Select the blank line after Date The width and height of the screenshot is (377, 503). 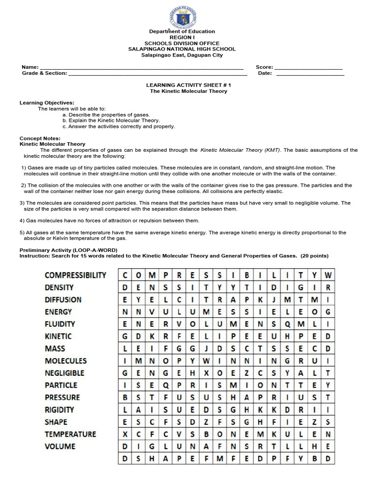[x=310, y=75]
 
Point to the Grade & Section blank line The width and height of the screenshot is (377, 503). [x=157, y=75]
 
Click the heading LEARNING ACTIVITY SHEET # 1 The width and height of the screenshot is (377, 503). [x=188, y=85]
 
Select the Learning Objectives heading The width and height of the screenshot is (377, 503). [x=47, y=103]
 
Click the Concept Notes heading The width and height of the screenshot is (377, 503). [x=40, y=138]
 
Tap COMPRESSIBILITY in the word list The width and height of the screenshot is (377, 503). [x=75, y=275]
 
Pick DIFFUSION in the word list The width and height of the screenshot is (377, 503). [x=63, y=300]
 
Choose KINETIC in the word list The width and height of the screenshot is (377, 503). [x=58, y=336]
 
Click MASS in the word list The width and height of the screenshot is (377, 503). [x=54, y=349]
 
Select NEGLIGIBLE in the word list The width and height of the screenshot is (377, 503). [x=64, y=373]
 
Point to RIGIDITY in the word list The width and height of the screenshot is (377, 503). [x=59, y=410]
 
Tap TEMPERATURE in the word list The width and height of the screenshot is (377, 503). [x=70, y=434]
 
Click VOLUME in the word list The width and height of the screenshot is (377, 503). [x=60, y=447]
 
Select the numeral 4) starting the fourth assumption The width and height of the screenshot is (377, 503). [x=22, y=221]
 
